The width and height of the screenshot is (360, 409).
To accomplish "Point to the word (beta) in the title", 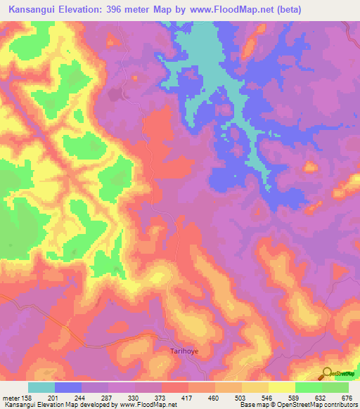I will [x=290, y=8].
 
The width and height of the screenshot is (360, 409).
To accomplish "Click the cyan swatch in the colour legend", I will [x=41, y=387].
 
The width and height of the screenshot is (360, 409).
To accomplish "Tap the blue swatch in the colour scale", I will [x=68, y=387].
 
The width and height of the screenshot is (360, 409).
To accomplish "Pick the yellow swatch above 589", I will [x=282, y=387].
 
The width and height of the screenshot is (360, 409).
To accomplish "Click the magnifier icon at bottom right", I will [x=327, y=375].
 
